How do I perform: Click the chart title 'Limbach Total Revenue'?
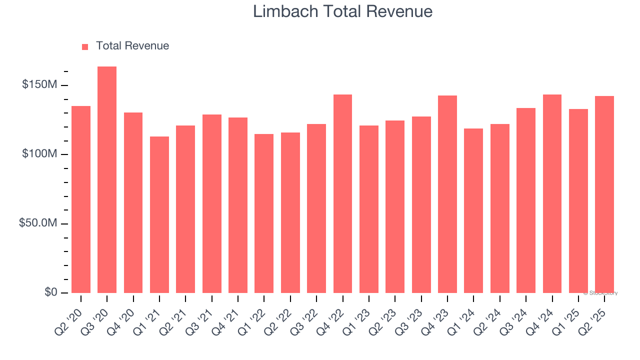tap(342, 11)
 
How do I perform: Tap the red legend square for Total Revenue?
tap(85, 46)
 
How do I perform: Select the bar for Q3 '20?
tap(107, 179)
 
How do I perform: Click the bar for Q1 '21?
tap(159, 214)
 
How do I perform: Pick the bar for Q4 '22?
tap(342, 193)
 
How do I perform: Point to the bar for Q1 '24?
tap(473, 210)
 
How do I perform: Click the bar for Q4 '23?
tap(447, 194)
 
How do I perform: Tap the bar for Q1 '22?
tap(264, 213)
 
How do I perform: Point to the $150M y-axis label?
tap(39, 85)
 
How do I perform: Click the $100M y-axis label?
tap(39, 154)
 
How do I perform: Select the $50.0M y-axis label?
tap(37, 223)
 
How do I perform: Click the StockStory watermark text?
tap(600, 293)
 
